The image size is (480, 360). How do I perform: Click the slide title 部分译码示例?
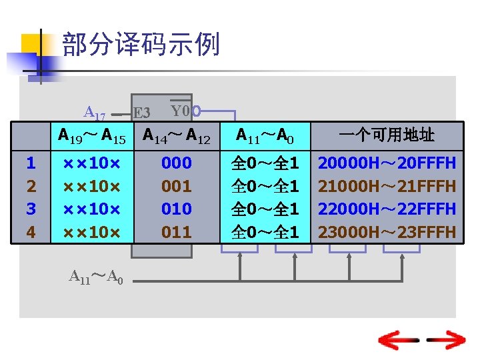pyautogui.click(x=141, y=45)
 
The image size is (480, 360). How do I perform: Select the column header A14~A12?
pyautogui.click(x=177, y=137)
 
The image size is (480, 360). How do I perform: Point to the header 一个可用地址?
pyautogui.click(x=387, y=136)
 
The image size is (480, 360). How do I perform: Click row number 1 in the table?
pyautogui.click(x=31, y=163)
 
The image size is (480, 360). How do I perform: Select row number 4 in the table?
pyautogui.click(x=31, y=232)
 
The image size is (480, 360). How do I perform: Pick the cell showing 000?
pyautogui.click(x=177, y=163)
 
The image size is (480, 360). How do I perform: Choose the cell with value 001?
pyautogui.click(x=177, y=186)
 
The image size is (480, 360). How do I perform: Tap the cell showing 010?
pyautogui.click(x=177, y=209)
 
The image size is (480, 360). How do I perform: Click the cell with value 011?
pyautogui.click(x=177, y=232)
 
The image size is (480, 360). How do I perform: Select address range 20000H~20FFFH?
pyautogui.click(x=387, y=163)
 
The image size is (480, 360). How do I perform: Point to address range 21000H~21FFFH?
pyautogui.click(x=387, y=186)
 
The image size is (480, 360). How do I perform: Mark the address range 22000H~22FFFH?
pyautogui.click(x=387, y=209)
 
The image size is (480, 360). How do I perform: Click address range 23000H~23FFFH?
pyautogui.click(x=387, y=232)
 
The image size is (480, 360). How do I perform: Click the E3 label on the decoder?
pyautogui.click(x=141, y=113)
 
